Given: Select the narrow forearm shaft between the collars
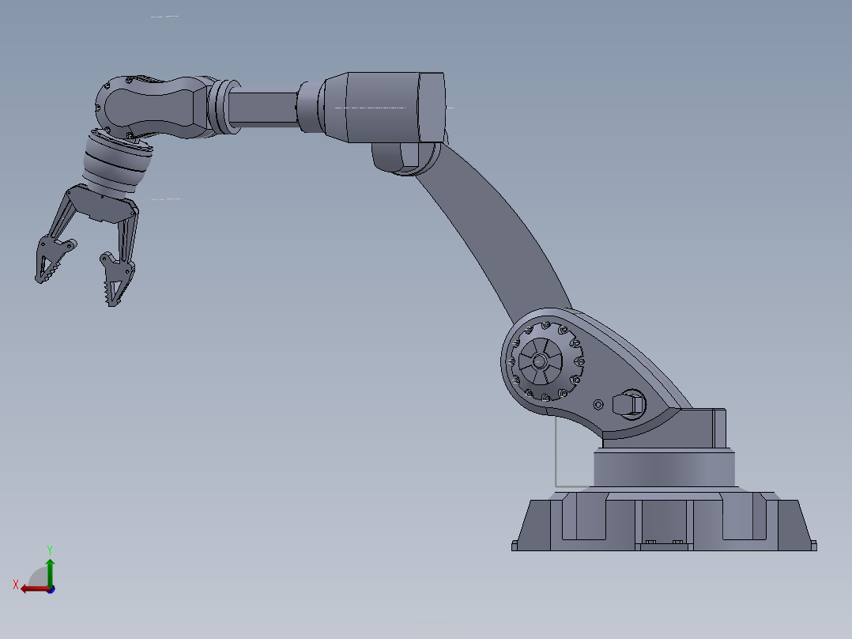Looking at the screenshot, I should (x=264, y=107).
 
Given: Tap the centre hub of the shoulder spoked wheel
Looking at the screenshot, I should (x=539, y=361).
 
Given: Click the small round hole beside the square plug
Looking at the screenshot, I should (x=598, y=404).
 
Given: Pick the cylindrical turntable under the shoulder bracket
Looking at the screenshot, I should (x=664, y=468).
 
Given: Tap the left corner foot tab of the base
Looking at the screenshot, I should (x=515, y=545).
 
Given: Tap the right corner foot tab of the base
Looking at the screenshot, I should (x=812, y=545).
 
